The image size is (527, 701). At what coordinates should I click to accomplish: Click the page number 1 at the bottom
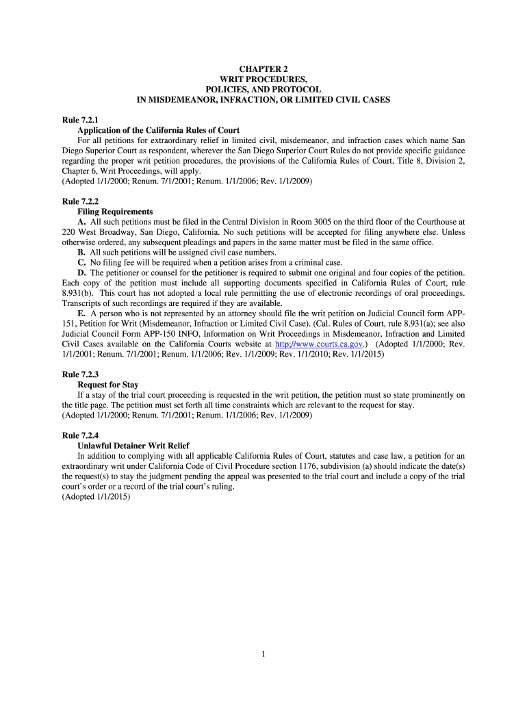pos(263,654)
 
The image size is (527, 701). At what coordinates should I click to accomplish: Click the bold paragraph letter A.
pos(81,222)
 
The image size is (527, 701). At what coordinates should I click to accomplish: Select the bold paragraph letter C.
pos(81,262)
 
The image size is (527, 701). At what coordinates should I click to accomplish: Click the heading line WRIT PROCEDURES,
pos(263,80)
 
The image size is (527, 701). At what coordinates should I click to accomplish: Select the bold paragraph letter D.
pos(81,272)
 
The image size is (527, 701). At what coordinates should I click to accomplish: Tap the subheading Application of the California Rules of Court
pos(158,130)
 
